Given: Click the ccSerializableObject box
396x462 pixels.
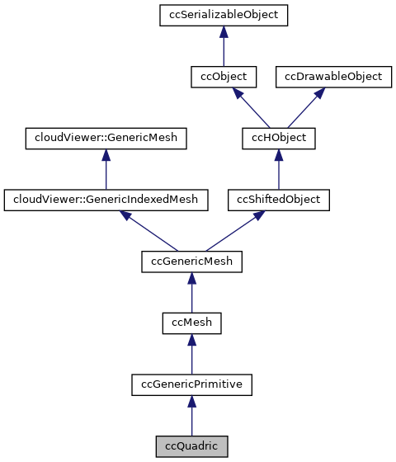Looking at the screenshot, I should (x=223, y=15).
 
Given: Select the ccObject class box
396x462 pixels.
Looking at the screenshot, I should (x=223, y=76).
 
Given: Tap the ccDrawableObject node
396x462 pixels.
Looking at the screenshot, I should (x=334, y=76).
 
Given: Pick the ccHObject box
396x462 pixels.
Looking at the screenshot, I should (x=278, y=137).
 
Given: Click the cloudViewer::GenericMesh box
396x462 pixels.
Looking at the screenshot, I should (x=106, y=137).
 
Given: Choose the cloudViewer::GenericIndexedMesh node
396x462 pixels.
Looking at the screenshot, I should (x=106, y=199).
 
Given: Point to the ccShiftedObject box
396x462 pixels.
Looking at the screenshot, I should (x=278, y=199).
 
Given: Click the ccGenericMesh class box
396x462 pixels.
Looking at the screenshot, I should (x=191, y=261).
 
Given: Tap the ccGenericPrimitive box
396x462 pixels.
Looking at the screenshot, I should (x=191, y=384).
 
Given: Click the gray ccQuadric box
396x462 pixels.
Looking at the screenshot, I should (x=191, y=445).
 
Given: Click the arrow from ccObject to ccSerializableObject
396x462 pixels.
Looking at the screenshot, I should (x=223, y=46).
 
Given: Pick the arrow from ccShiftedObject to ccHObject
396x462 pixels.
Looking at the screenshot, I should (x=278, y=168).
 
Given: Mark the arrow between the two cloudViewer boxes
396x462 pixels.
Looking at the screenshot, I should (x=106, y=168).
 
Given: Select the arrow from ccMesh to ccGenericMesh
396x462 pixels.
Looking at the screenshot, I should (x=191, y=292).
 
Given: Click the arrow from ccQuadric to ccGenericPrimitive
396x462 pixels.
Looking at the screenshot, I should (x=191, y=415).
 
